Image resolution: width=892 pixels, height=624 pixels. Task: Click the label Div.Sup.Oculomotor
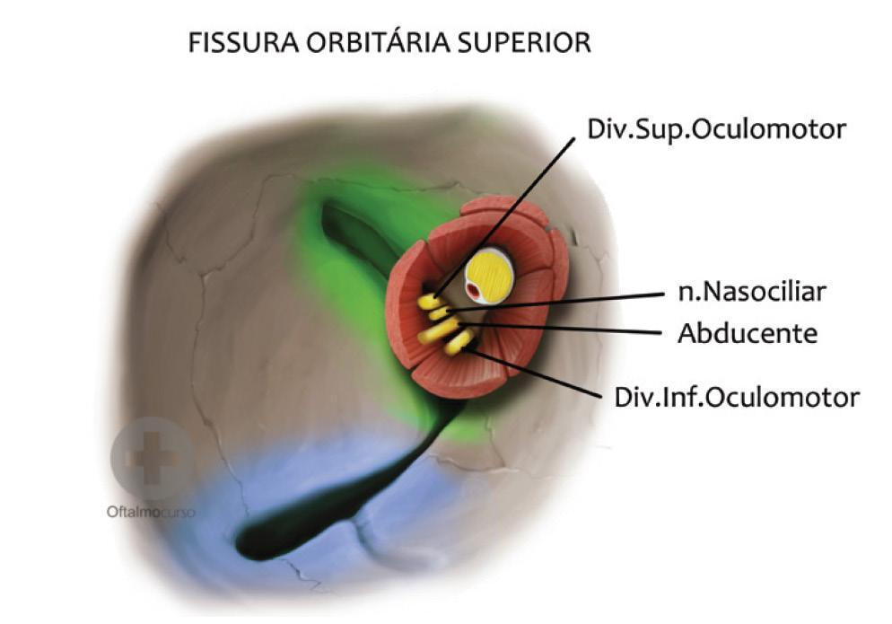pyautogui.click(x=715, y=129)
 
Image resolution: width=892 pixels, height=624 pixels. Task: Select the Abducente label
pyautogui.click(x=748, y=334)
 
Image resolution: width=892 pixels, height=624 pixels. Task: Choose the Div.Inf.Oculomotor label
pyautogui.click(x=737, y=396)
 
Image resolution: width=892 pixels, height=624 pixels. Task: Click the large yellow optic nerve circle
pyautogui.click(x=489, y=275)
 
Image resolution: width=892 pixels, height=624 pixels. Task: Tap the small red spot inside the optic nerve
pyautogui.click(x=473, y=291)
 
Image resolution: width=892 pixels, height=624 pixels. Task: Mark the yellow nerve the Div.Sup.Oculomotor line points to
pyautogui.click(x=428, y=301)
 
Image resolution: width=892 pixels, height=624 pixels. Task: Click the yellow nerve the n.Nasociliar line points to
pyautogui.click(x=439, y=313)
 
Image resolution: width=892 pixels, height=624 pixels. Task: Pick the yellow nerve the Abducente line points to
pyautogui.click(x=437, y=331)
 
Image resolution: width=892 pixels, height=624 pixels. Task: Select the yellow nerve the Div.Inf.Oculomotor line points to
pyautogui.click(x=459, y=341)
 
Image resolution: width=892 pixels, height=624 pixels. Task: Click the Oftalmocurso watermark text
pyautogui.click(x=150, y=513)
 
